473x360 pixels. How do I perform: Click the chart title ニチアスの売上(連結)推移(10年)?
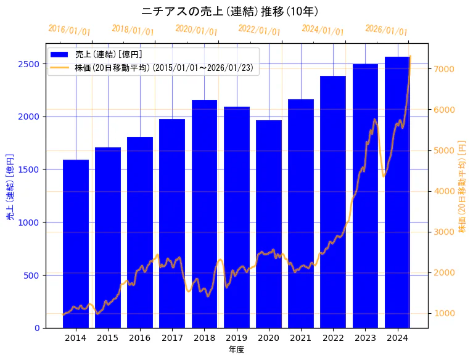[x=229, y=11]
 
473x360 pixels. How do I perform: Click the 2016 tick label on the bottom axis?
[x=140, y=337]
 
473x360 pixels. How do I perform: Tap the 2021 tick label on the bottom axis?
[x=301, y=337]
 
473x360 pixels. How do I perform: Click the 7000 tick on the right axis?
[x=444, y=69]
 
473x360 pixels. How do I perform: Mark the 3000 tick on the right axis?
[x=444, y=232]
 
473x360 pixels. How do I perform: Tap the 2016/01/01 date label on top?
[x=69, y=30]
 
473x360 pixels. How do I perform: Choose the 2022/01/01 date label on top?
[x=259, y=30]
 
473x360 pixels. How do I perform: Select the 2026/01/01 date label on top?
[x=386, y=30]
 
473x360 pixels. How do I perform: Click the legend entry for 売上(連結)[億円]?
[x=109, y=55]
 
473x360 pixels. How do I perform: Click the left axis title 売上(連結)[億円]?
[x=10, y=187]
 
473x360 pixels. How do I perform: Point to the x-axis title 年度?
[x=237, y=349]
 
